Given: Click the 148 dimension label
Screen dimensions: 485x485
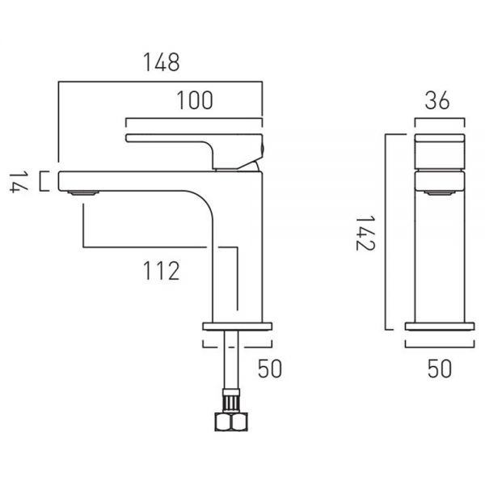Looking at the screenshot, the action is [161, 62].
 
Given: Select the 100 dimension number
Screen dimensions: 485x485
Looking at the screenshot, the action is [195, 100].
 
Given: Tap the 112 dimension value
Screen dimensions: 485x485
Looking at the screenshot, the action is [161, 271].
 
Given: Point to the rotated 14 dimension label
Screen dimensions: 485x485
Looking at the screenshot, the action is [19, 183].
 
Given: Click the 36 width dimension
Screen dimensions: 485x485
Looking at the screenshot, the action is [437, 100].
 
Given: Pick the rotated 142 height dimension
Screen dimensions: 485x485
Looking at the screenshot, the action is [365, 233].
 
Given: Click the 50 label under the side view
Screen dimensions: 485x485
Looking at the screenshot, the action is [440, 369].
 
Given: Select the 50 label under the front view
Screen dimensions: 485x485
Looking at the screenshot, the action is [270, 369].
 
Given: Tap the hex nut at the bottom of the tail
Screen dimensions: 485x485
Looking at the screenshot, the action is [231, 422].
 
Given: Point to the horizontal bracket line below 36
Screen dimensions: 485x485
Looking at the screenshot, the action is [440, 119].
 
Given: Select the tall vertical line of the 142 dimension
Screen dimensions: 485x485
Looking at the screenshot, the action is [386, 232].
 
